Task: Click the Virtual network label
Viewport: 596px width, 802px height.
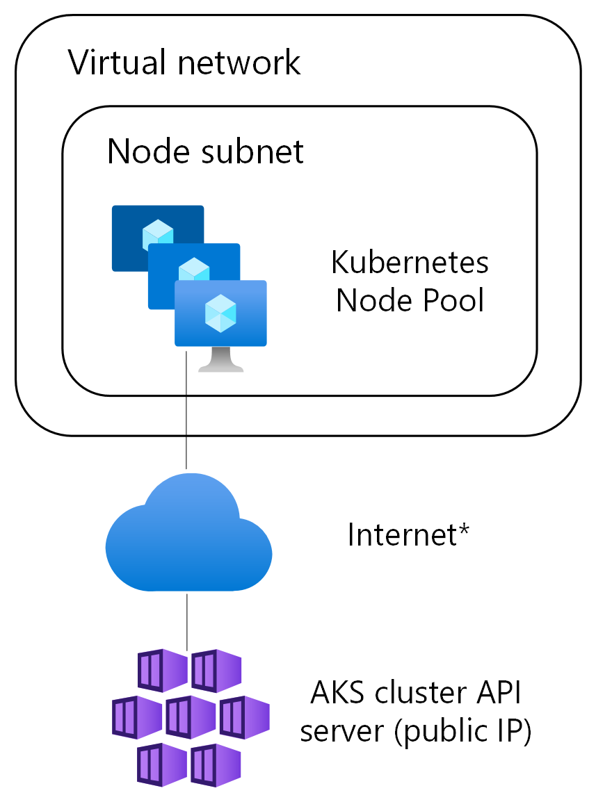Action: [x=184, y=63]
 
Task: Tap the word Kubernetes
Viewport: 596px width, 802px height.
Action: [x=410, y=263]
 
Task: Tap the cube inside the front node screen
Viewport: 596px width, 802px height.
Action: [x=221, y=312]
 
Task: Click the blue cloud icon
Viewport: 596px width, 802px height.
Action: [x=188, y=535]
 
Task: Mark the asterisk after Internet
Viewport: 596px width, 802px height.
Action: [x=463, y=530]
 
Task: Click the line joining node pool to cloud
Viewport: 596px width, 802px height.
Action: [x=186, y=417]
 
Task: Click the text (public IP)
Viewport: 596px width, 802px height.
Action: [x=463, y=732]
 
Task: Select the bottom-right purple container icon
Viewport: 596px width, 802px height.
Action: [x=216, y=764]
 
